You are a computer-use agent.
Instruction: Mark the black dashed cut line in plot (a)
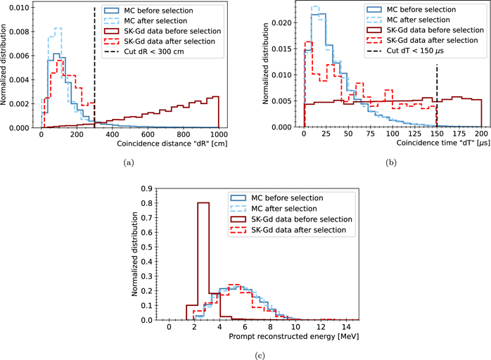point(94,70)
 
